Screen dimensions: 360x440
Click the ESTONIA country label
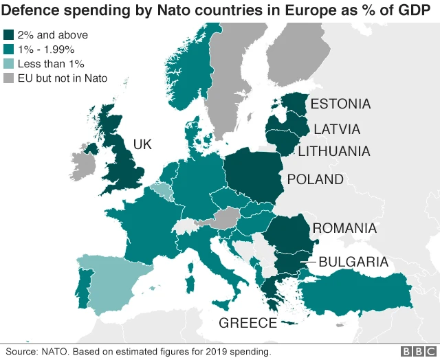pos(340,104)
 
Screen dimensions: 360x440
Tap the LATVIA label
pos(337,129)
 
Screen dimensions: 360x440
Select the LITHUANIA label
pos(333,151)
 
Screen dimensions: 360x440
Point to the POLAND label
pos(316,179)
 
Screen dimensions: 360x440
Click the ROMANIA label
pos(344,228)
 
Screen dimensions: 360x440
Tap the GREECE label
pos(247,323)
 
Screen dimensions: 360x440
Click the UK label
pos(142,144)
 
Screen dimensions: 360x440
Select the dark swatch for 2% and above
pos(9,35)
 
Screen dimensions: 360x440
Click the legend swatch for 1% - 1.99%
pos(9,49)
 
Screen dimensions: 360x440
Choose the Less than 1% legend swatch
pos(9,64)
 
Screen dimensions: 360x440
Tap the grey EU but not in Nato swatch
pos(9,78)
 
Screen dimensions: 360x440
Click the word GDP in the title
pos(415,10)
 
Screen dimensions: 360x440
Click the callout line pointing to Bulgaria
pos(308,262)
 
